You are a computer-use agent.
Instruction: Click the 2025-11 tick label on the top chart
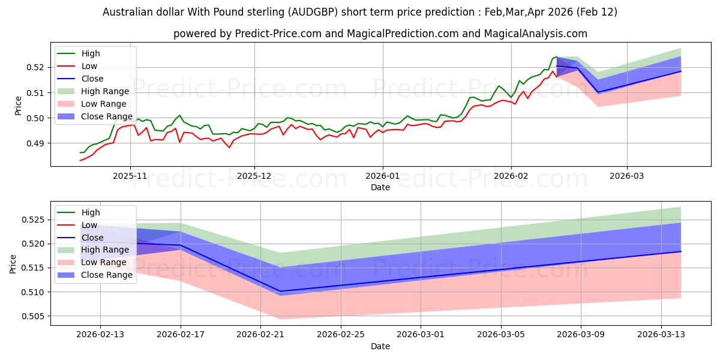pos(130,176)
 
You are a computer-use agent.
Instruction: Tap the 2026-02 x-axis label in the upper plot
pos(511,176)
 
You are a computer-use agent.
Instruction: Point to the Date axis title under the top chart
pos(380,187)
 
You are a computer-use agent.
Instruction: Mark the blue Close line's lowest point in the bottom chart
pos(281,292)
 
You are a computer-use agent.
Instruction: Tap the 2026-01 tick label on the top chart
pos(383,176)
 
